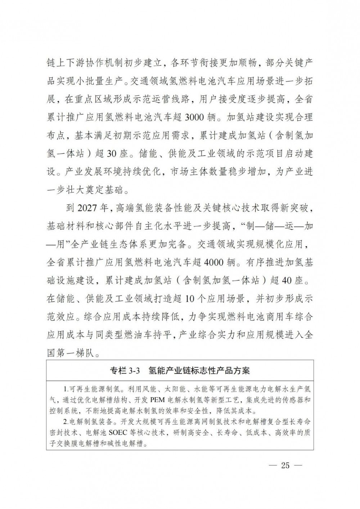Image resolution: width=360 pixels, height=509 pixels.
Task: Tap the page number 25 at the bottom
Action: (285, 465)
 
